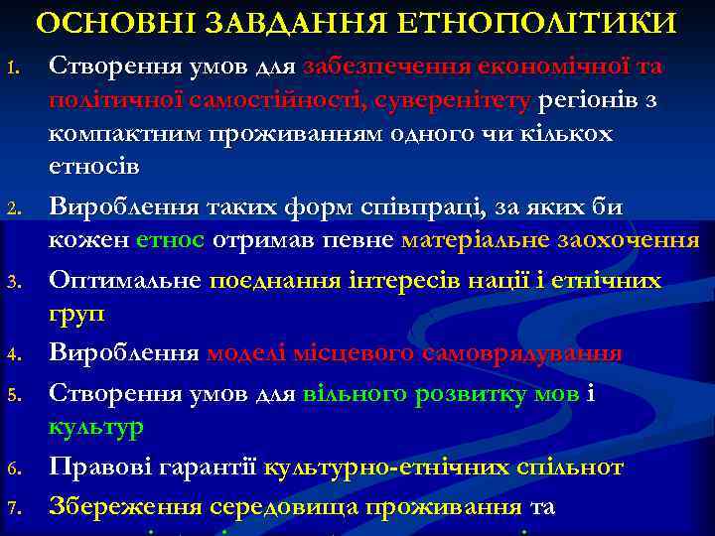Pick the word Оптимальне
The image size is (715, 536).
coord(127,281)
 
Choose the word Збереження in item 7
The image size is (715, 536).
coord(127,506)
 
